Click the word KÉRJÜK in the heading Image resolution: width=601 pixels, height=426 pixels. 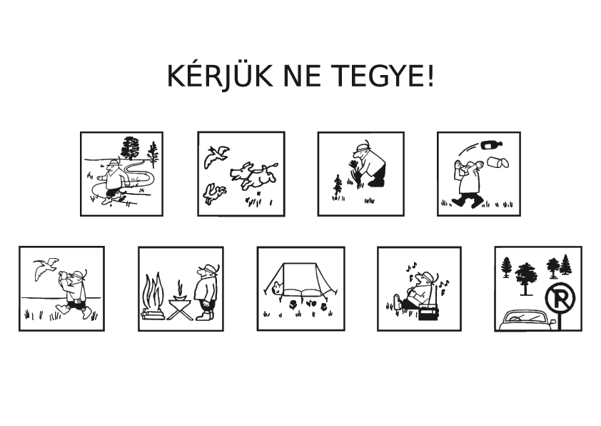coord(220,76)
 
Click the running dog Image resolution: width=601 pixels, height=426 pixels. coord(253,174)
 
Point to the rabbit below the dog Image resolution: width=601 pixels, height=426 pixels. coord(214,193)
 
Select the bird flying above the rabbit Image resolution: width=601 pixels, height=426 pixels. coord(216,155)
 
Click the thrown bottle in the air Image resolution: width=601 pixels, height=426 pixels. coord(491,145)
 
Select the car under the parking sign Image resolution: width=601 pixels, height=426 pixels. coord(526,321)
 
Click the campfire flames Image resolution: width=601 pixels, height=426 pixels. coord(153,292)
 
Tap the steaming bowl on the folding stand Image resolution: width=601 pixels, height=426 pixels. coord(180,297)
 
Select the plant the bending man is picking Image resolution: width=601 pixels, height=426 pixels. coord(356,174)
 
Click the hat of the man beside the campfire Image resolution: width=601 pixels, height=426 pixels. coord(209,267)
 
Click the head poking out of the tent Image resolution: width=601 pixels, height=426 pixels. coord(276,289)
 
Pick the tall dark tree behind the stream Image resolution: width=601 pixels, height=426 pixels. coord(131,148)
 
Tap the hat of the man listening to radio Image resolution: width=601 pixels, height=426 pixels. coord(428,276)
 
